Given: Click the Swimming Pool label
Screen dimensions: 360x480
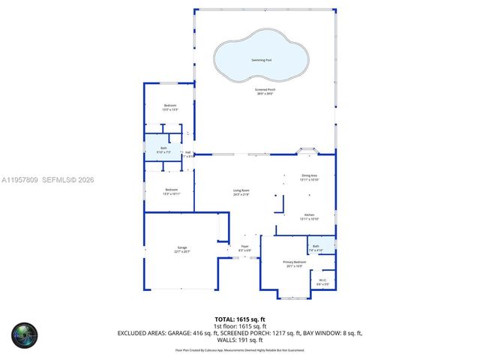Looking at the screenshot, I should click(261, 59).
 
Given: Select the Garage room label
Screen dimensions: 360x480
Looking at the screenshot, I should click(182, 249).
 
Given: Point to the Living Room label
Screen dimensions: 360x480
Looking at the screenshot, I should click(241, 192).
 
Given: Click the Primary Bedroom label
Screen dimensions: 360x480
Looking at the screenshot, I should click(292, 263).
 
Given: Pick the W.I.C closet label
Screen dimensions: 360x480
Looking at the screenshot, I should click(322, 282).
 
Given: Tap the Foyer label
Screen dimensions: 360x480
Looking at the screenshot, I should click(244, 247).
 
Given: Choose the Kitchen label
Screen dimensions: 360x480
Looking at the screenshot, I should click(310, 216).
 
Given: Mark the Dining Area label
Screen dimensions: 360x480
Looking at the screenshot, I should click(310, 178).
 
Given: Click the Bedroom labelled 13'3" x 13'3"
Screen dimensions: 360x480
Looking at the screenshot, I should click(170, 107).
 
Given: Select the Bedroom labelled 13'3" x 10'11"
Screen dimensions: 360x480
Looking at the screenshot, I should click(171, 191).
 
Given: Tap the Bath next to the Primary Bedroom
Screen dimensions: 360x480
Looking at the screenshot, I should click(316, 247).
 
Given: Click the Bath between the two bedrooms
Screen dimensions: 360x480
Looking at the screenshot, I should click(163, 150).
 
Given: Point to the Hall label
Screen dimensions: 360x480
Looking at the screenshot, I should click(188, 154).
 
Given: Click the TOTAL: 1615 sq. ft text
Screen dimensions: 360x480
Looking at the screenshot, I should click(240, 319).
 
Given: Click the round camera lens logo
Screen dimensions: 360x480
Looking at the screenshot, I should click(23, 334).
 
